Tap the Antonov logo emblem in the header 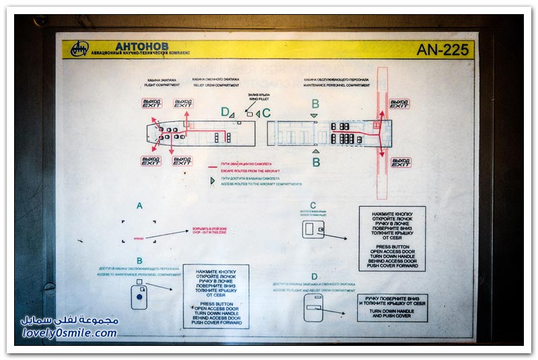[80, 49]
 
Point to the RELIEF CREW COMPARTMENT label [215, 85]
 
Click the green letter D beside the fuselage [225, 112]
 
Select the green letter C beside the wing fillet [266, 113]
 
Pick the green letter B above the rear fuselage [315, 104]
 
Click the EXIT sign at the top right [399, 104]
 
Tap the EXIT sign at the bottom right [401, 162]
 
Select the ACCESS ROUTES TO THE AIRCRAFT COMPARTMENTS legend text [261, 184]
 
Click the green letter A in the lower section [139, 206]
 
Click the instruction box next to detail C [392, 239]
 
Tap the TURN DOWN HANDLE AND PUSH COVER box [392, 308]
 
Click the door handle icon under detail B [139, 295]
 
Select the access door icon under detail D [313, 307]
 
